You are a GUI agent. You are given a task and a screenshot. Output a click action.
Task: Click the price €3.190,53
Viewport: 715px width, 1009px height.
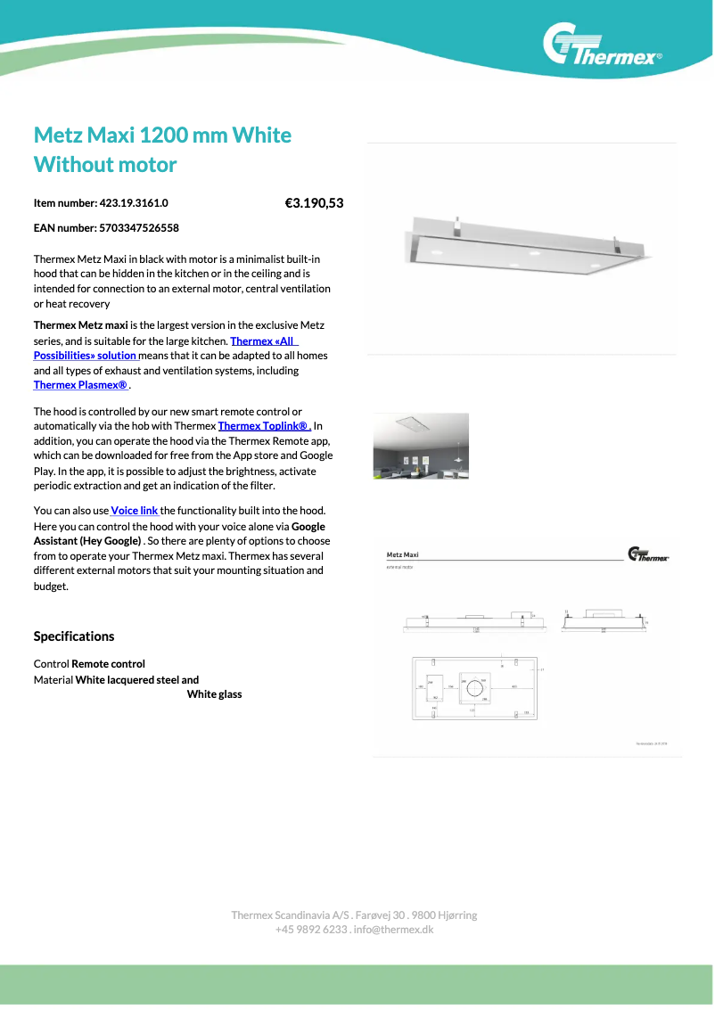[x=314, y=203]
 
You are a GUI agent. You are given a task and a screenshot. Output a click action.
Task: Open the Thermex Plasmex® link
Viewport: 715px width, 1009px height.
[x=81, y=385]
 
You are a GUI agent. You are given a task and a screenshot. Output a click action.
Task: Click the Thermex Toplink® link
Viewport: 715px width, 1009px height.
[x=264, y=426]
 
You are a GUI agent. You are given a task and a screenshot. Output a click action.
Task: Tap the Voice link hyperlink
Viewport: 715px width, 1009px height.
[x=135, y=511]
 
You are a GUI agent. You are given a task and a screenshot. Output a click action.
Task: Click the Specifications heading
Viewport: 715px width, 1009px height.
[x=74, y=636]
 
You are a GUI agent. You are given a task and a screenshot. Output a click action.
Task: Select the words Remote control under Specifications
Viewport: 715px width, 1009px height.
[x=108, y=664]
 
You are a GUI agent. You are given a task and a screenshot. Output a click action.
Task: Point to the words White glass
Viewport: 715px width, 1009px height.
[x=214, y=694]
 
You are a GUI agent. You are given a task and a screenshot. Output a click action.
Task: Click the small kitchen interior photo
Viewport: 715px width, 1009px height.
[x=421, y=446]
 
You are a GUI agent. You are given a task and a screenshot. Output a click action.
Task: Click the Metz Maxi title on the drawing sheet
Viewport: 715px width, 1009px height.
[x=403, y=554]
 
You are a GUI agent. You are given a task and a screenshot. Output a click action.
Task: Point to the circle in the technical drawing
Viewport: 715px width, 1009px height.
[x=478, y=688]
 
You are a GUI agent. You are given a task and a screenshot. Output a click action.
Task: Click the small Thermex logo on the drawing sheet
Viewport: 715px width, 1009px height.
[x=648, y=554]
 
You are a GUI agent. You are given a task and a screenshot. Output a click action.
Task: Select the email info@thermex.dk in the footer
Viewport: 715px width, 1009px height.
[x=393, y=930]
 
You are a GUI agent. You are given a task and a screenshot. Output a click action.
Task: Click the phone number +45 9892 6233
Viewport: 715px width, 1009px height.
[x=311, y=930]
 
